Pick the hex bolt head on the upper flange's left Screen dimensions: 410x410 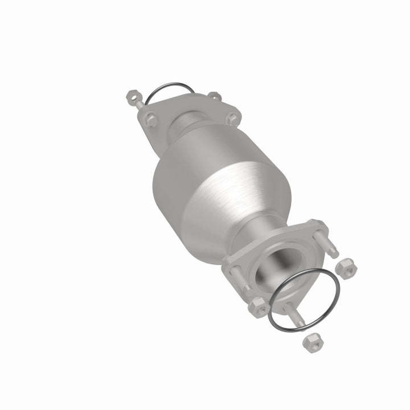click(150, 120)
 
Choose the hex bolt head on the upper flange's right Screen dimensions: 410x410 click(231, 118)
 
